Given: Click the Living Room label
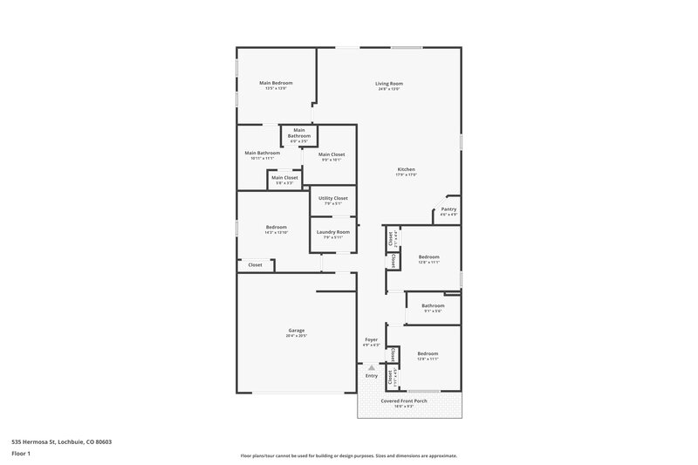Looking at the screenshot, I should (389, 83).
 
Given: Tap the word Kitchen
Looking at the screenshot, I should (406, 169).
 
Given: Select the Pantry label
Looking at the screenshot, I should (448, 209).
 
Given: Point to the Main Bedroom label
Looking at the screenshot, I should (276, 83).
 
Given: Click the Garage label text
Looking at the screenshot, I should (297, 330).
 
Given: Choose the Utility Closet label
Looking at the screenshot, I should (333, 199).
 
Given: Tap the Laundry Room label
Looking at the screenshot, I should (333, 231).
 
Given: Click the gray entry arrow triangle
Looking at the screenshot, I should (372, 367).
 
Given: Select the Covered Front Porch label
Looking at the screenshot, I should (409, 400).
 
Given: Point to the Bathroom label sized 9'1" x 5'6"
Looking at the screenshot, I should (434, 305).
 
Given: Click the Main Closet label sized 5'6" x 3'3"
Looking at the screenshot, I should (284, 178).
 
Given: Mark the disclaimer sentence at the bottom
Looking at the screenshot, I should (348, 455).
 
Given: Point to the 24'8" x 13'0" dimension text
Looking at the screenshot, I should (389, 89).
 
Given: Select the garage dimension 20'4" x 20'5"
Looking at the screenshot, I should (297, 336).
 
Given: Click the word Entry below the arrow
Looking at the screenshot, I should (372, 375).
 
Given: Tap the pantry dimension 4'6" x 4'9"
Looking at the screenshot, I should (448, 215).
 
